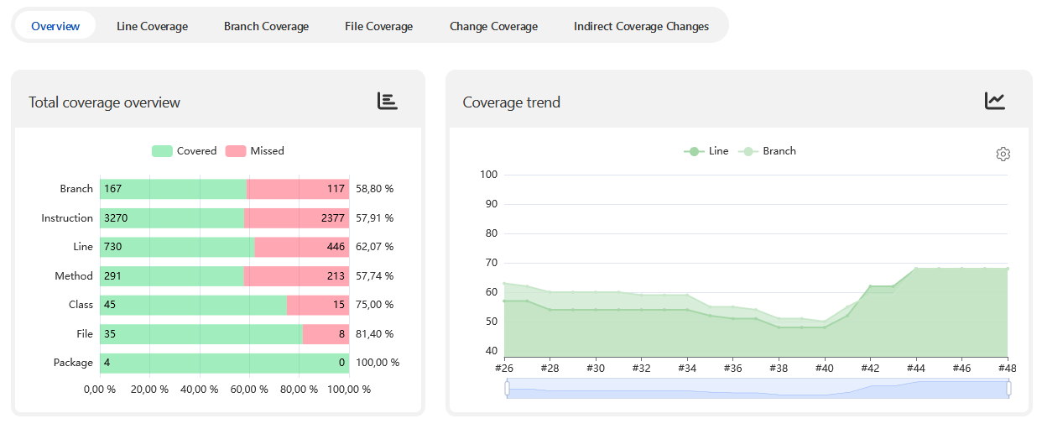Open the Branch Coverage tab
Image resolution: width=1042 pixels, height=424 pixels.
tap(266, 26)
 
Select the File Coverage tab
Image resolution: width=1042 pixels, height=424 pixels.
tap(378, 26)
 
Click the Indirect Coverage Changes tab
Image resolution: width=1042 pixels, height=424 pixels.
tap(641, 26)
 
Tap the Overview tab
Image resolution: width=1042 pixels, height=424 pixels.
tap(55, 26)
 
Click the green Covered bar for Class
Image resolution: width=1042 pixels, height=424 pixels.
tap(193, 305)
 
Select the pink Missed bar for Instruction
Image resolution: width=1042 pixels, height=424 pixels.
tap(297, 218)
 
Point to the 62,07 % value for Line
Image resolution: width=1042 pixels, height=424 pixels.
tap(374, 247)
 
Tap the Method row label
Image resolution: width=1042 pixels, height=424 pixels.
tap(74, 276)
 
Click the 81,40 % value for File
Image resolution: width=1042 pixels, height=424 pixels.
tap(374, 334)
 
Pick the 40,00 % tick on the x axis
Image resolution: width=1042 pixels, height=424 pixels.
tap(200, 390)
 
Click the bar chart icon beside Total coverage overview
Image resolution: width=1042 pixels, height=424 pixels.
tap(387, 102)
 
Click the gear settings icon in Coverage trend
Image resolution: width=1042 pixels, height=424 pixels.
tap(1003, 154)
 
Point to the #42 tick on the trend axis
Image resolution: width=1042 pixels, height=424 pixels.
tap(870, 369)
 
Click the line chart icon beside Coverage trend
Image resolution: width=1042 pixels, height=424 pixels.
tap(994, 102)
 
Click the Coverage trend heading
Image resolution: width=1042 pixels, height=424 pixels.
tap(511, 102)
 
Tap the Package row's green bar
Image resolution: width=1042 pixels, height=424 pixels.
tap(224, 363)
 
